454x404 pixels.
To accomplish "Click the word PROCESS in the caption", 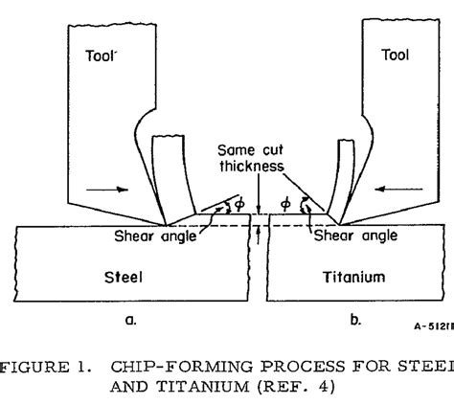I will coord(297,364).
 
